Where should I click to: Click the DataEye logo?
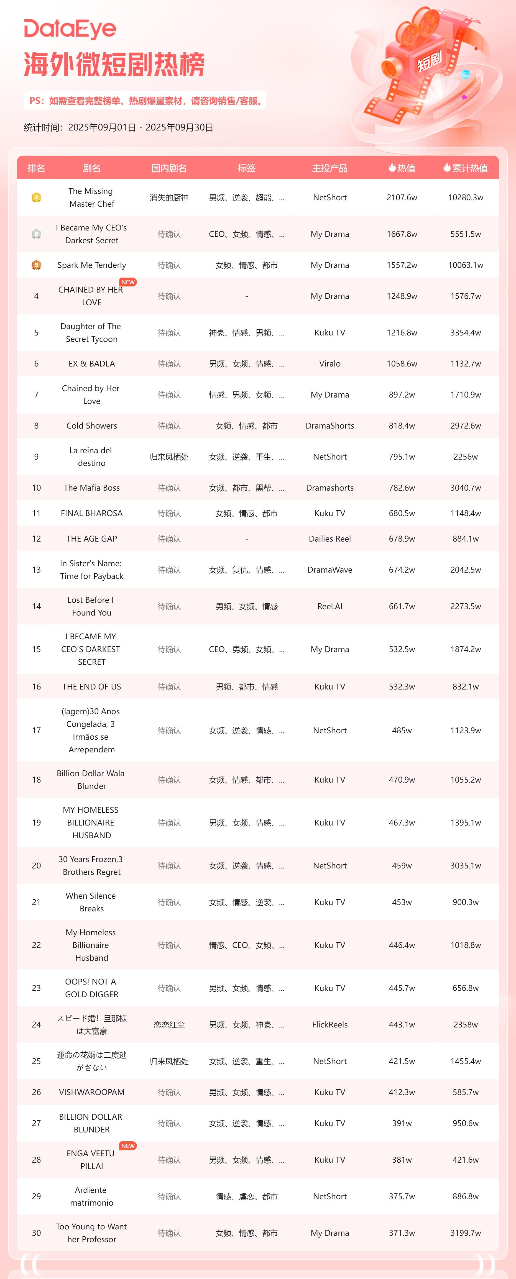tap(70, 29)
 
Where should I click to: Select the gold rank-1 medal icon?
tap(36, 198)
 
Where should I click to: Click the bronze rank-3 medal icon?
tap(36, 265)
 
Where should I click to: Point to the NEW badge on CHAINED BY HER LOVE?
tap(128, 282)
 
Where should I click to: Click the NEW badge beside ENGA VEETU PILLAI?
tap(128, 1146)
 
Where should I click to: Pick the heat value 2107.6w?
tap(402, 198)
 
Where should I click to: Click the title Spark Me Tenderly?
tap(92, 265)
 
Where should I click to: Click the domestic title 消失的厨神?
tap(169, 198)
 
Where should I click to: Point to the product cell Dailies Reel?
tap(330, 539)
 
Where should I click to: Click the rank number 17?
tap(36, 730)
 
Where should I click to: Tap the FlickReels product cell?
tap(330, 1025)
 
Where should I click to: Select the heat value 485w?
tap(402, 730)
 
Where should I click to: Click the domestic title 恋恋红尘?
tap(169, 1025)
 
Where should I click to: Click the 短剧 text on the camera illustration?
tap(429, 61)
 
